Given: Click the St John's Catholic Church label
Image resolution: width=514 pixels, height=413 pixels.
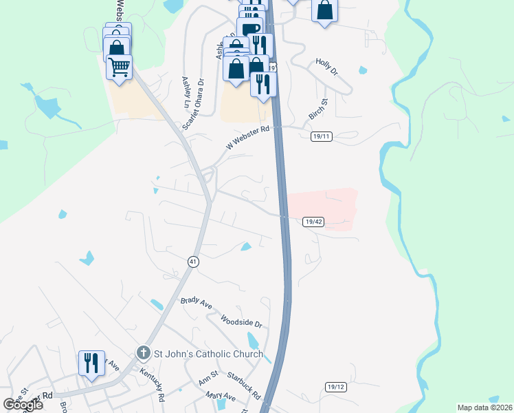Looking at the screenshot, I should coord(208,354).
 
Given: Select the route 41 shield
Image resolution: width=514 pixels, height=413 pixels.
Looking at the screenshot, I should coord(194,262).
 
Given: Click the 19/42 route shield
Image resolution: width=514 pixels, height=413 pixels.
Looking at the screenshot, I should coord(313,222).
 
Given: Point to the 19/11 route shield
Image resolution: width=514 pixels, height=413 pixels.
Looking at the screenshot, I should coord(321,137).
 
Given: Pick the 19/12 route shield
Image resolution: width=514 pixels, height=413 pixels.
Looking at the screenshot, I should coord(335,388).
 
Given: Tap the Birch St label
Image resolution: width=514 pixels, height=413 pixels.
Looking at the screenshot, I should coord(318,109).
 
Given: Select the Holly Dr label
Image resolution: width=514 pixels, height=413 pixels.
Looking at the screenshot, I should coord(327,67).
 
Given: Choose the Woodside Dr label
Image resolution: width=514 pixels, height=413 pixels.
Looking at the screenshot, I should coord(241,321).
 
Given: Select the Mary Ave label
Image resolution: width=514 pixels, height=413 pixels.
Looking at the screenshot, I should coord(221,397).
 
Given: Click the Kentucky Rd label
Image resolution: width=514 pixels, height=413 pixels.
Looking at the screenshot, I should coord(152,384).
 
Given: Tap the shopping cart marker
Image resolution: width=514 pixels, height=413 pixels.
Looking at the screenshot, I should coord(120,68).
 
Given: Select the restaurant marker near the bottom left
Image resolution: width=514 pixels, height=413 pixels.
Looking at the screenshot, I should coord(91,361).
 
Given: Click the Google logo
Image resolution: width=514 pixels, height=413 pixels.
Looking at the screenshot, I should coord(23,405).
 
